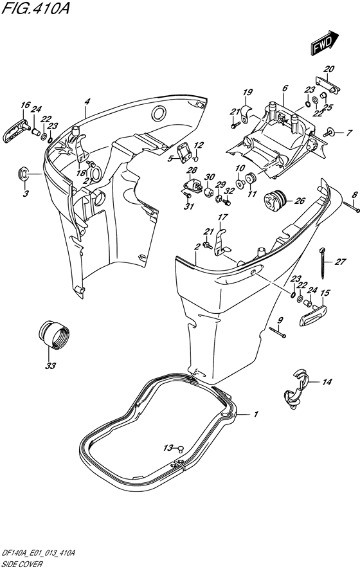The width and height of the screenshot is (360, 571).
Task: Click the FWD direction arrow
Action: (x=325, y=42)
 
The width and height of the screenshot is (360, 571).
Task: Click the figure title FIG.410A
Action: (x=35, y=8)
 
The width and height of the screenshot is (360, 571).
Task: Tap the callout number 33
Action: (x=51, y=365)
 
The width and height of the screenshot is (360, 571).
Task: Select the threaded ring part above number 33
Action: (x=53, y=334)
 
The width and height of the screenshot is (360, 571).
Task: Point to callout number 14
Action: (x=327, y=382)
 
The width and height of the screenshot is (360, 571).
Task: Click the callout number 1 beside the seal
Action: (x=256, y=414)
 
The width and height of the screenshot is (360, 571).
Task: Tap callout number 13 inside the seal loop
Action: (x=168, y=448)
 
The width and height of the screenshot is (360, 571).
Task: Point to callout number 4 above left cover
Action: (x=87, y=102)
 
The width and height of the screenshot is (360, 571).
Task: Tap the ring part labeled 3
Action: (x=23, y=174)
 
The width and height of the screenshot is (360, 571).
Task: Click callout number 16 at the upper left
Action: (x=25, y=105)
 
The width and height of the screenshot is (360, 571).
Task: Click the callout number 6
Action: (x=285, y=88)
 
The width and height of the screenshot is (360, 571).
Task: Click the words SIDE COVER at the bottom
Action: (x=21, y=565)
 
